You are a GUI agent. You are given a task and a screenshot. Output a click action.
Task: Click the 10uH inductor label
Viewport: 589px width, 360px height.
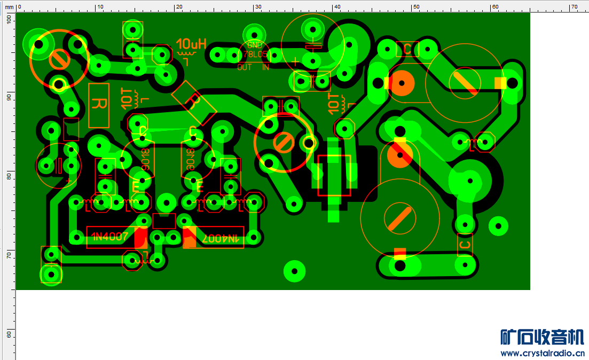191,44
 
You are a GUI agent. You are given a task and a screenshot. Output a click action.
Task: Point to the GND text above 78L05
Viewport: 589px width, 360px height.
255,46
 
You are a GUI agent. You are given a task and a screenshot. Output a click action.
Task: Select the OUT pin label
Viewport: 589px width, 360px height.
245,67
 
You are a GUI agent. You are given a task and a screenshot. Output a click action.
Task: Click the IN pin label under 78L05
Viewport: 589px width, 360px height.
265,67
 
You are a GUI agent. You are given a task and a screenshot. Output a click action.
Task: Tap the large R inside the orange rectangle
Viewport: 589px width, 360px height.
99,105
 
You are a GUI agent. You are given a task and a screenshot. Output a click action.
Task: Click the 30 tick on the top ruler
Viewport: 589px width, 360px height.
257,7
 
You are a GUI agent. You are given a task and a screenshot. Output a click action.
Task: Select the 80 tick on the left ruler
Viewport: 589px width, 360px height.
8,177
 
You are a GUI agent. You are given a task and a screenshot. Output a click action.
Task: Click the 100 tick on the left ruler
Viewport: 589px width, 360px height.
8,19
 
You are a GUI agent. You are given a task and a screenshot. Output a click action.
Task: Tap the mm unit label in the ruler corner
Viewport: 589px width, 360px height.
9,7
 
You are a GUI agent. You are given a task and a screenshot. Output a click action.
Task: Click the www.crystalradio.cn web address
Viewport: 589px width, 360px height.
543,353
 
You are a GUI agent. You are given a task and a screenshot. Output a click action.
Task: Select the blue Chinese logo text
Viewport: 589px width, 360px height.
542,337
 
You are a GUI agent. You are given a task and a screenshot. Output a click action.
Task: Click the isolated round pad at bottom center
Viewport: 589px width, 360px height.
294,271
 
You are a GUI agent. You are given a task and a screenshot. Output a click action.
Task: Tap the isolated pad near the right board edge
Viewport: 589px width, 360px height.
498,225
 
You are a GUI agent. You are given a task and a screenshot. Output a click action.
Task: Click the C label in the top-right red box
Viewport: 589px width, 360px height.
407,50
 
